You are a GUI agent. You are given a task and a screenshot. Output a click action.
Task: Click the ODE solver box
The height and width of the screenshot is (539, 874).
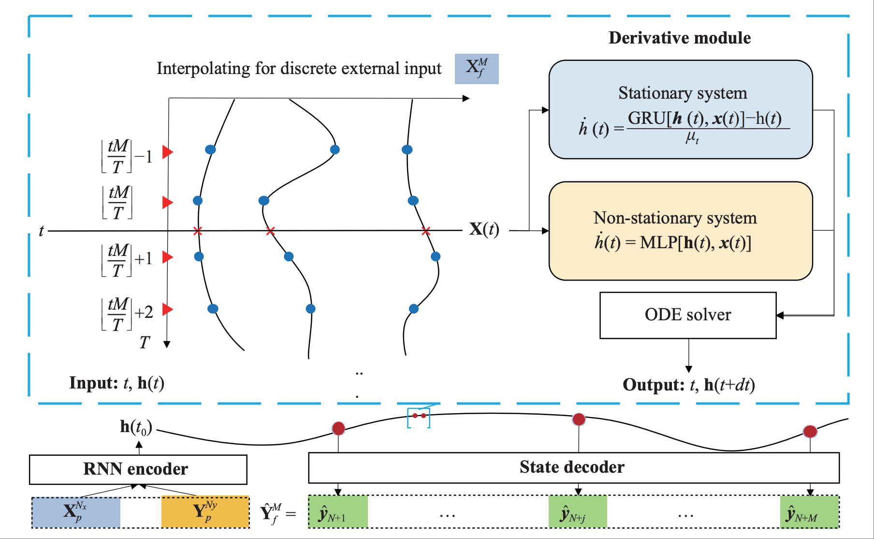(688, 315)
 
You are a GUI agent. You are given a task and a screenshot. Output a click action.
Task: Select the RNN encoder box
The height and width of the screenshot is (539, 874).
(138, 469)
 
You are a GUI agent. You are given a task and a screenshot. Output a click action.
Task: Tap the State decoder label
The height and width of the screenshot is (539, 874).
(572, 467)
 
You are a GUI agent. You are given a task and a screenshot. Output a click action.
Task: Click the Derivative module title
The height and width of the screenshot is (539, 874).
(679, 38)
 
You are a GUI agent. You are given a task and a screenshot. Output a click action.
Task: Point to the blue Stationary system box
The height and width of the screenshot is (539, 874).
(681, 109)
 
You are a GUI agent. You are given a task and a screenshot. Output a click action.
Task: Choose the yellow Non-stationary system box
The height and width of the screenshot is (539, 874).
(681, 231)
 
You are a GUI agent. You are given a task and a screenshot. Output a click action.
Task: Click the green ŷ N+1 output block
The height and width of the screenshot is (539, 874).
(338, 512)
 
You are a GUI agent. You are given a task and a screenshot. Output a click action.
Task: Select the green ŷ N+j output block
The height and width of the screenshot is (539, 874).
(578, 512)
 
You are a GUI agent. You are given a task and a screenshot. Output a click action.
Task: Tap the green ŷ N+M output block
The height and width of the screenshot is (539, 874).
(809, 512)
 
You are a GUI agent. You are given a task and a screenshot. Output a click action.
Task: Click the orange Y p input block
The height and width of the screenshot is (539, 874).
(205, 512)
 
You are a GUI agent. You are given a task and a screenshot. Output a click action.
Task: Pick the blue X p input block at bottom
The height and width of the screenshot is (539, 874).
(76, 512)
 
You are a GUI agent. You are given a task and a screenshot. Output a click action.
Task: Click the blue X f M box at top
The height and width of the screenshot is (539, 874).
(477, 69)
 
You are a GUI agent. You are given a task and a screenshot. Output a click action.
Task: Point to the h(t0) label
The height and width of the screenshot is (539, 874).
(136, 427)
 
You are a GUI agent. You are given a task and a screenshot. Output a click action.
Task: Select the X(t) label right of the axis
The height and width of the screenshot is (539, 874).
(484, 229)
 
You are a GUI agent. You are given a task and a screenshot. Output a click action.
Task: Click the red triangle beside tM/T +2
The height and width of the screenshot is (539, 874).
(167, 309)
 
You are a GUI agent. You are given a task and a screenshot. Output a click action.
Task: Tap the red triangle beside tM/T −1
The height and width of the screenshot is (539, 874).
(167, 152)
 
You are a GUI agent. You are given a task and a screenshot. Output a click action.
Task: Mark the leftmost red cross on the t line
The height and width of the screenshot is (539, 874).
(197, 231)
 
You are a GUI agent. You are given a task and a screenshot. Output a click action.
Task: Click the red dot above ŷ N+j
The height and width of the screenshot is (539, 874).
(579, 419)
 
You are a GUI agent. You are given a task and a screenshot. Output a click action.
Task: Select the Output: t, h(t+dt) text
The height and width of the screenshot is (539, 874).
(688, 385)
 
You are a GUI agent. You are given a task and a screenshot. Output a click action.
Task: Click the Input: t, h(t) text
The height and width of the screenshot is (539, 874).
(117, 383)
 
